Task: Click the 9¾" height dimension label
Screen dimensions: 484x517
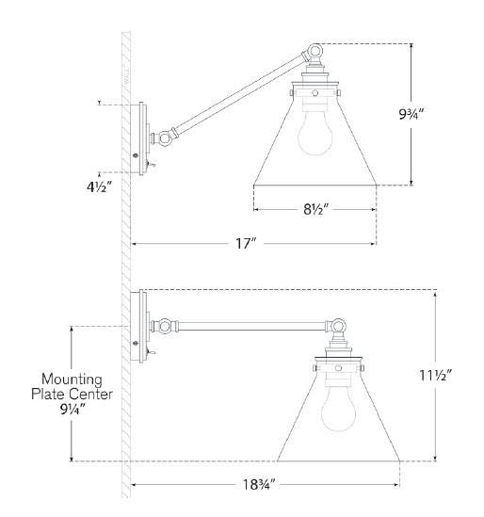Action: pyautogui.click(x=411, y=114)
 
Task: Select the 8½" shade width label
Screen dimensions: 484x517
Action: pyautogui.click(x=315, y=209)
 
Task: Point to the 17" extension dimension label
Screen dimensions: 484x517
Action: pyautogui.click(x=246, y=244)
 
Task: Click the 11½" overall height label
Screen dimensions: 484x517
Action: pyautogui.click(x=435, y=375)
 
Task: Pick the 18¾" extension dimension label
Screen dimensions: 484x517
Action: pyautogui.click(x=259, y=485)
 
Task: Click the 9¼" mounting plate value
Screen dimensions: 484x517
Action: pyautogui.click(x=73, y=410)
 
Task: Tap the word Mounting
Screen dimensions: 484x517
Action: pyautogui.click(x=72, y=380)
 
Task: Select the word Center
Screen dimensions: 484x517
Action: pyautogui.click(x=91, y=395)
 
